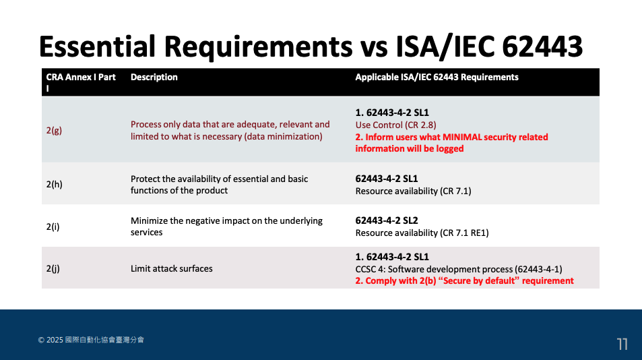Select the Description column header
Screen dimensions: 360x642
pyautogui.click(x=154, y=78)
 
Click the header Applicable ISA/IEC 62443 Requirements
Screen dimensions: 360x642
pyautogui.click(x=437, y=78)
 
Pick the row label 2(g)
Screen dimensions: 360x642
pyautogui.click(x=54, y=130)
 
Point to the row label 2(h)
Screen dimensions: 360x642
pyautogui.click(x=54, y=184)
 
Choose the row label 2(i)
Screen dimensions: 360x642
pyautogui.click(x=53, y=227)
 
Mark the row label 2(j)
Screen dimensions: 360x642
pyautogui.click(x=53, y=268)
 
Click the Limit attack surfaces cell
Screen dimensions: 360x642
pyautogui.click(x=171, y=268)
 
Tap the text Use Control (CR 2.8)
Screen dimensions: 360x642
pyautogui.click(x=395, y=125)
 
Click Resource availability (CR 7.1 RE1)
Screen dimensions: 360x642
pyautogui.click(x=422, y=233)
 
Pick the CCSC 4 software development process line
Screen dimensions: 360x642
pyautogui.click(x=458, y=268)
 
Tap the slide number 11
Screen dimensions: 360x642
pyautogui.click(x=622, y=344)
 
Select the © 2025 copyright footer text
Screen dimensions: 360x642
pyautogui.click(x=91, y=340)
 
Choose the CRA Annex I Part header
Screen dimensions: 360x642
pyautogui.click(x=80, y=82)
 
